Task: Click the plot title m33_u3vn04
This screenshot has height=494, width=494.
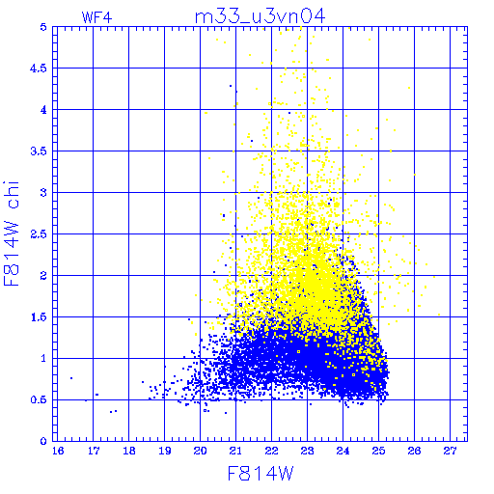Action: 261,16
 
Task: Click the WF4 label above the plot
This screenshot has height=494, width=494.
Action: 96,17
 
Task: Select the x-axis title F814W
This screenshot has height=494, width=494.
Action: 261,474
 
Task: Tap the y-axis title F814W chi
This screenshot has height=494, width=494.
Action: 12,233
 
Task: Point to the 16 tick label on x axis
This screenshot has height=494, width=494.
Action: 58,451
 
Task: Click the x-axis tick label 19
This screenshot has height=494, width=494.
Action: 165,451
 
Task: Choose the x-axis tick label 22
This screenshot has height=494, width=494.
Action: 271,451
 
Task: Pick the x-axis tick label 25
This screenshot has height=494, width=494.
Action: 378,451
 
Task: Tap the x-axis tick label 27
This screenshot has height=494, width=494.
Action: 450,451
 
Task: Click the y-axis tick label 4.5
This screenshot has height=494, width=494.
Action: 39,69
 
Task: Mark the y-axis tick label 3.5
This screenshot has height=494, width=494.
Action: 39,151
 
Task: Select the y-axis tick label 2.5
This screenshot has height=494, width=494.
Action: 39,234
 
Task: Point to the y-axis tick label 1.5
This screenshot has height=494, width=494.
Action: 39,317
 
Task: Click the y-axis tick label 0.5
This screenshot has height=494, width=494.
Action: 39,399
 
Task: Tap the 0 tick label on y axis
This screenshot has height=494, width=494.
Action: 43,441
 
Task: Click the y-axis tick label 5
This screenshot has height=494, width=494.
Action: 43,27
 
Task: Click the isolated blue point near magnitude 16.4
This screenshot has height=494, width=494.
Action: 71,378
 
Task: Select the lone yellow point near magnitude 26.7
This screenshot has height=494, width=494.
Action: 439,315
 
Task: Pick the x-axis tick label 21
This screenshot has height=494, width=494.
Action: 235,451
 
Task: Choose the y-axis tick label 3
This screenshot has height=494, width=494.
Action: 43,193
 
